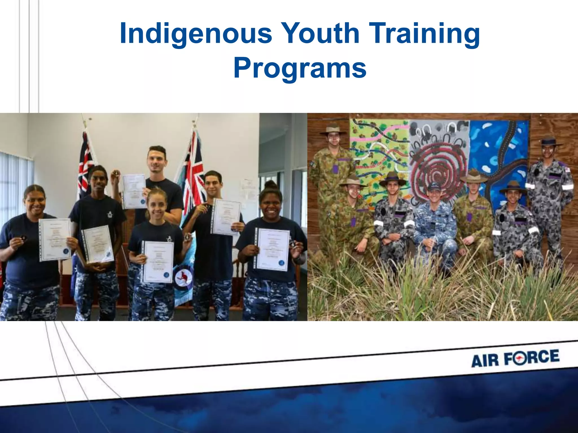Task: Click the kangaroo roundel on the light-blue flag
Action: (181, 277)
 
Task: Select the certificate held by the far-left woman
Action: (55, 239)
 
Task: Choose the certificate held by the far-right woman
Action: (272, 249)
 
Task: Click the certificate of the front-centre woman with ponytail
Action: (158, 262)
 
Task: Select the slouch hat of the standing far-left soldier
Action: (334, 129)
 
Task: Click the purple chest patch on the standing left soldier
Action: (335, 169)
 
